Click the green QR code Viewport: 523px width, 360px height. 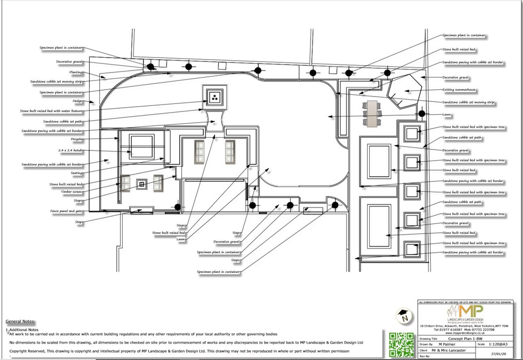coord(401,344)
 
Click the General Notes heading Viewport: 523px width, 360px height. coord(20,322)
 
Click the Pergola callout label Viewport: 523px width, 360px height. coord(77,139)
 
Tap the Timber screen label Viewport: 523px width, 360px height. coord(73,193)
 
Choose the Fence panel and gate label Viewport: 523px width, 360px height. coord(67,211)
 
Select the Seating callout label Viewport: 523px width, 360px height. coord(76,173)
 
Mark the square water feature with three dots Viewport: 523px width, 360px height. coord(215,97)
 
